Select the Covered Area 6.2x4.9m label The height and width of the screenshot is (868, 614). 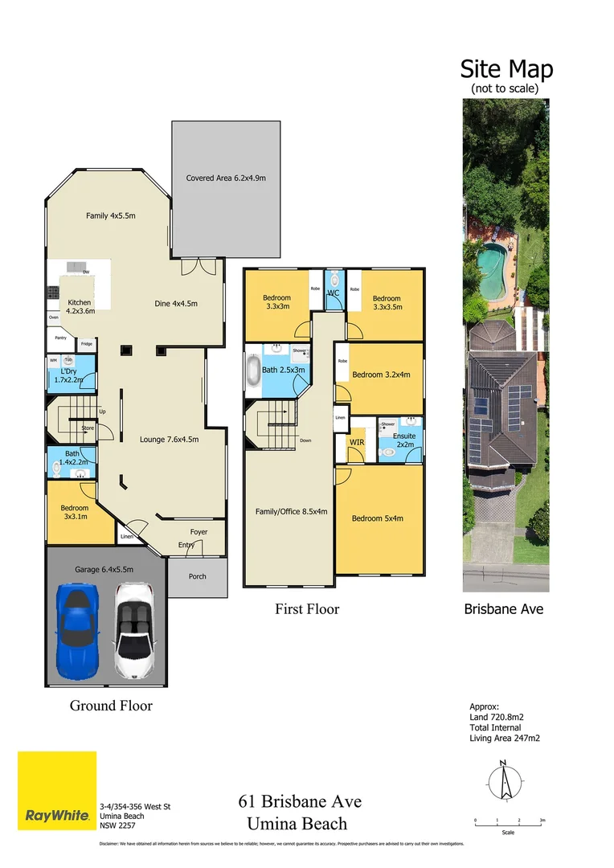click(x=226, y=178)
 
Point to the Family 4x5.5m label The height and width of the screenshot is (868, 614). click(x=111, y=215)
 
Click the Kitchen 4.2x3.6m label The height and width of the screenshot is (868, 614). click(x=80, y=306)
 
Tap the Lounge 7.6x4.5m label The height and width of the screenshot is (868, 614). click(x=169, y=440)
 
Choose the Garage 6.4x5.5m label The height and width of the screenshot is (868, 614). click(x=104, y=569)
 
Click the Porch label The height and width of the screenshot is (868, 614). click(x=197, y=576)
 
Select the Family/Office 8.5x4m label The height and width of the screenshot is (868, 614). click(x=291, y=511)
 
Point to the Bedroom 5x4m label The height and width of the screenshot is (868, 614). click(x=378, y=518)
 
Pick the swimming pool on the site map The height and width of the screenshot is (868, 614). click(x=489, y=262)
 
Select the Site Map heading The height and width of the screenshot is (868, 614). click(x=506, y=69)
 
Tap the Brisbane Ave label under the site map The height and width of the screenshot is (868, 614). click(x=504, y=609)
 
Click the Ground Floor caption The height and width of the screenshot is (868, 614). click(x=111, y=706)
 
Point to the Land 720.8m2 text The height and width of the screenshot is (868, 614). click(x=496, y=718)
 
